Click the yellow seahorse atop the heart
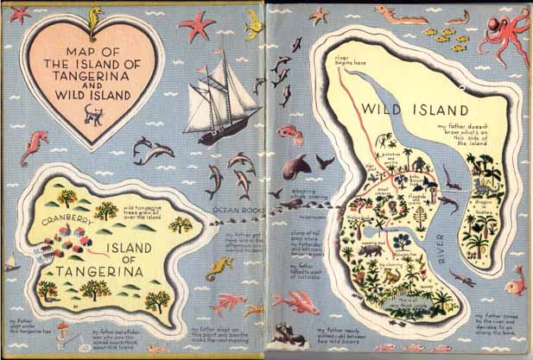click(x=94, y=14)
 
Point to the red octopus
click(x=507, y=38)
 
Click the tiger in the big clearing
click(x=391, y=275)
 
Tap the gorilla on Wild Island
click(x=418, y=164)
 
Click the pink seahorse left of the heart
click(x=33, y=147)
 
